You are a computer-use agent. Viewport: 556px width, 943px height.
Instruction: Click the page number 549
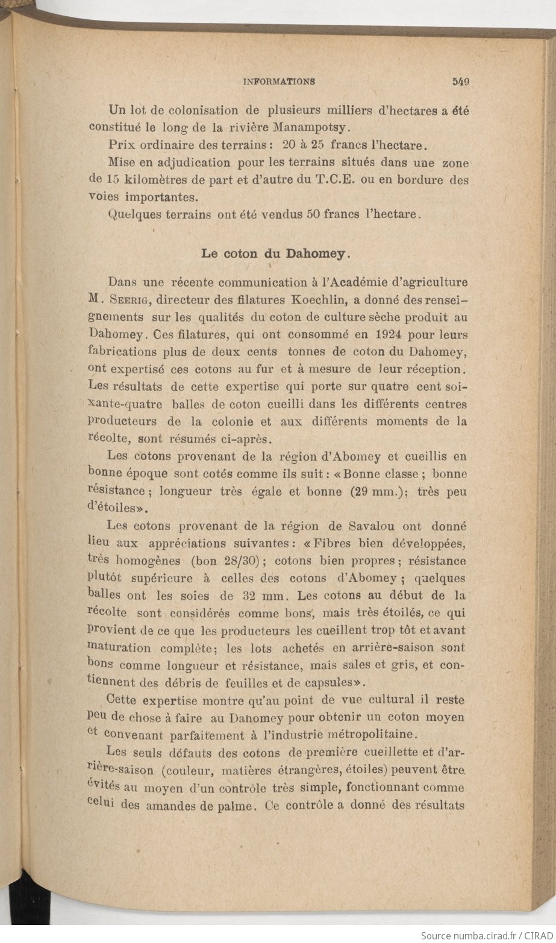pos(458,81)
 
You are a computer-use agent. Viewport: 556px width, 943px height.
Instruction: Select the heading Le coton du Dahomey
pos(275,254)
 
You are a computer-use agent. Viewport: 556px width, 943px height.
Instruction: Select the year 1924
pos(372,334)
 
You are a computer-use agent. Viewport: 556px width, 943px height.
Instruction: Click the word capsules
pos(326,682)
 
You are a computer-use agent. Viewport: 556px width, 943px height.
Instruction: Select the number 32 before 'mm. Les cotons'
pos(256,596)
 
